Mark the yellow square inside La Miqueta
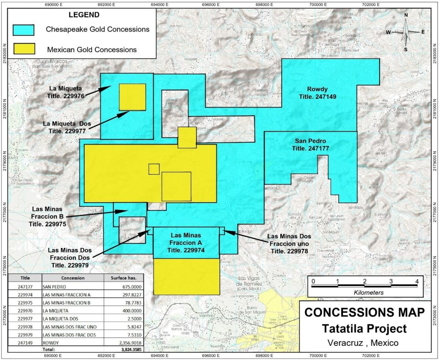[132, 97]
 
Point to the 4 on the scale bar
[417, 280]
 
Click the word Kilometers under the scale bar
[365, 291]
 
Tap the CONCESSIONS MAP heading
[364, 313]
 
